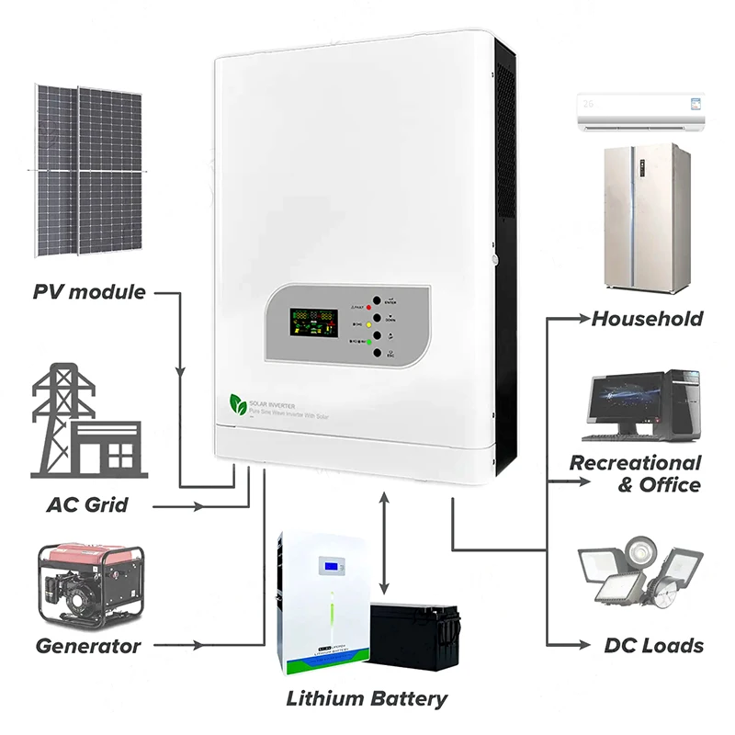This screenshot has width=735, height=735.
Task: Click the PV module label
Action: [89, 292]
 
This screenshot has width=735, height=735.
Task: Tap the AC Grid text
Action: [87, 504]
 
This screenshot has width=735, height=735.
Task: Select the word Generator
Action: [88, 645]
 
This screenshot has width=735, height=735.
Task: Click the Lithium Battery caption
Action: [367, 698]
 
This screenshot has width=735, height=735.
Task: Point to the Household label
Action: [647, 319]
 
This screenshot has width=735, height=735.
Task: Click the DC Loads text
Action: [654, 645]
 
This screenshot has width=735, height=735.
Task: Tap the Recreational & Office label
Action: [635, 473]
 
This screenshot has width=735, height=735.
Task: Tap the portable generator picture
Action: [89, 582]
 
